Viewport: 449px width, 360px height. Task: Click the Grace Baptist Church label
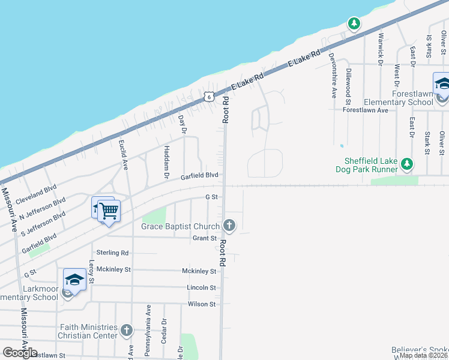[x=181, y=226]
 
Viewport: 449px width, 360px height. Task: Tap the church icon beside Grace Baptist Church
[x=229, y=226]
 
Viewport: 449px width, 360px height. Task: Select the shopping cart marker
[x=109, y=212]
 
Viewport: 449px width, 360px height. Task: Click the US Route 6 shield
[x=208, y=96]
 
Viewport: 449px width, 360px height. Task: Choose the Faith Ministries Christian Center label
[x=88, y=331]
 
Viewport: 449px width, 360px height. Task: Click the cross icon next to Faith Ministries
[x=126, y=331]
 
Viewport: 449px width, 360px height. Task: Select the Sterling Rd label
[x=112, y=253]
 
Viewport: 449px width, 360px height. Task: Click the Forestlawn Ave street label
[x=366, y=110]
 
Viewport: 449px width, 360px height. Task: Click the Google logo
[x=20, y=353]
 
